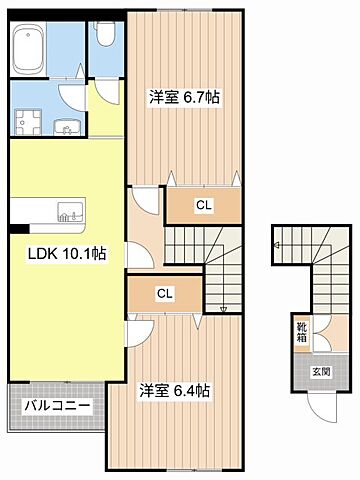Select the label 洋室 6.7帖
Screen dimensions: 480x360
coord(185,97)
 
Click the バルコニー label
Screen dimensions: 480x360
coord(56,407)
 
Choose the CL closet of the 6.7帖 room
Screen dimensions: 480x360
coord(203,205)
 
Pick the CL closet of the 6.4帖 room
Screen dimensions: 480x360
coord(163,294)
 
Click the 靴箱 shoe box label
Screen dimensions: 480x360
coord(301,331)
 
